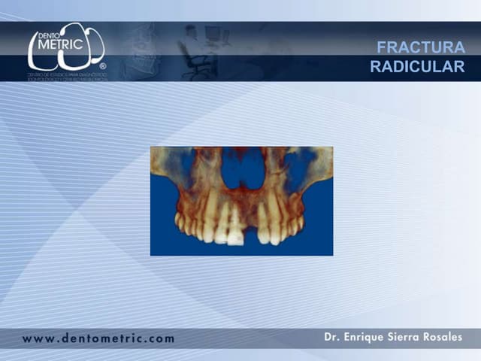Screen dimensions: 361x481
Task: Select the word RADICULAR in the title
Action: (417, 66)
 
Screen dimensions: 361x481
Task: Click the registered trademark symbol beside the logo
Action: (102, 66)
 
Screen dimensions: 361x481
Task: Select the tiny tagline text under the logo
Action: (67, 77)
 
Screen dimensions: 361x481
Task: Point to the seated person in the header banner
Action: (191, 47)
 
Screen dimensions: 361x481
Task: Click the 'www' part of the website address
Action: (38, 338)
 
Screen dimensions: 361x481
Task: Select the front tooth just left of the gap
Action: (234, 226)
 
